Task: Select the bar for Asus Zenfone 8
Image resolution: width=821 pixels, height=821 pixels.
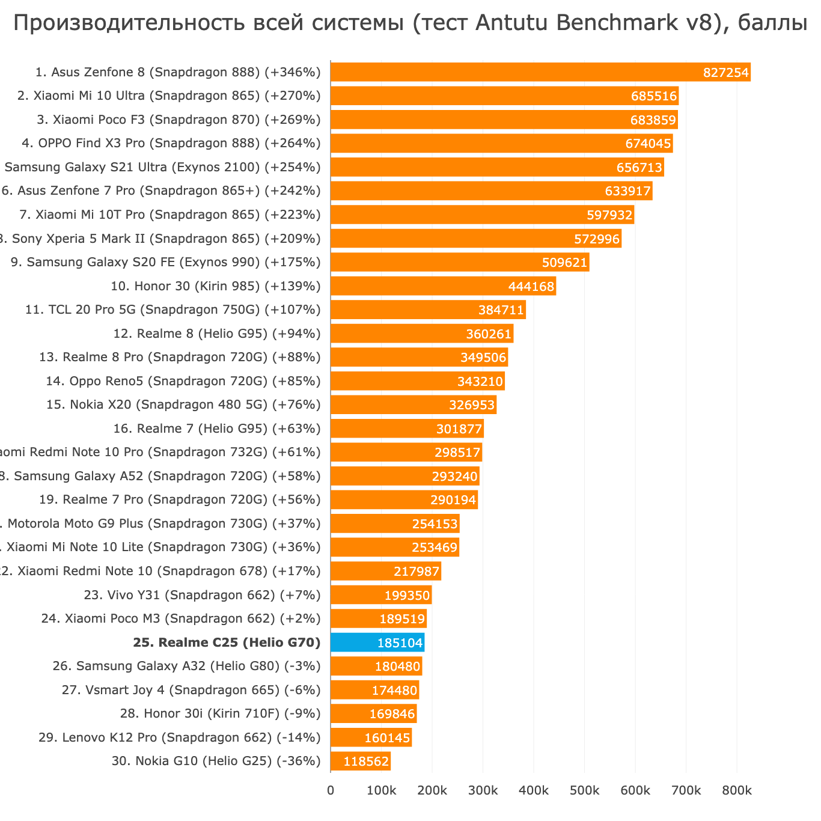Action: (511, 72)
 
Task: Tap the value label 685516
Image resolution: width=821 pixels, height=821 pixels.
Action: (654, 96)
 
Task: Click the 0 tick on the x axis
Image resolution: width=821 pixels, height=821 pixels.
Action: (331, 791)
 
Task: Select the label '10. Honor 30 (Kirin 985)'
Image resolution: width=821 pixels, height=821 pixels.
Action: (216, 286)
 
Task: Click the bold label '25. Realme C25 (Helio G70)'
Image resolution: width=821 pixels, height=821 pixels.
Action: (227, 642)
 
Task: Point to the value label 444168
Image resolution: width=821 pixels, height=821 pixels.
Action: (531, 287)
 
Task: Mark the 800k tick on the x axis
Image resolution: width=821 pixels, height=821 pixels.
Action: (736, 791)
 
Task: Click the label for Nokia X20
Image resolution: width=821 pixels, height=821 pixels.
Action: (183, 404)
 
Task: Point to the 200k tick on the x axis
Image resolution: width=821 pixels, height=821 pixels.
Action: (432, 791)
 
